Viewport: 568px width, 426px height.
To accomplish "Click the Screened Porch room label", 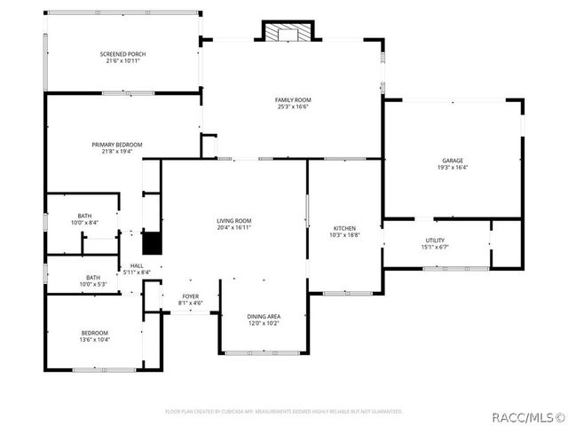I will pos(122,54).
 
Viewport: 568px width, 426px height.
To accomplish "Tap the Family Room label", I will pos(292,100).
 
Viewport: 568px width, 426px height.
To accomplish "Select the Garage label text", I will pos(452,161).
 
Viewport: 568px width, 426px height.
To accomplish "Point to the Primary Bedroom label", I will pos(117,145).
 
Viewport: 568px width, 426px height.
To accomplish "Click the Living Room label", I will pos(234,221).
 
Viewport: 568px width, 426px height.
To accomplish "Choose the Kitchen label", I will pos(344,228).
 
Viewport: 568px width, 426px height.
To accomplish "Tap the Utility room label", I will pos(435,241).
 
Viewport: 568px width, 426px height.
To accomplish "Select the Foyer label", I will pos(191,296).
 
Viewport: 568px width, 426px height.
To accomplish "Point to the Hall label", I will pos(138,265).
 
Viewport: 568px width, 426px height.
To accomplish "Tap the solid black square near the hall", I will pos(152,243).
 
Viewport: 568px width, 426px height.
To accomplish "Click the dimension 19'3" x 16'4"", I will pos(452,167).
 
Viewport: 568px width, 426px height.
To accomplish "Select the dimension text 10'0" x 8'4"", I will pos(84,222).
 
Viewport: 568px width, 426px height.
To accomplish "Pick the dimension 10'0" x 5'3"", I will pos(93,284).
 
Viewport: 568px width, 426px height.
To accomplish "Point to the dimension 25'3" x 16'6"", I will pos(292,106).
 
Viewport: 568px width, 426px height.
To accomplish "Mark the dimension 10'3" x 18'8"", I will pos(344,234).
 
